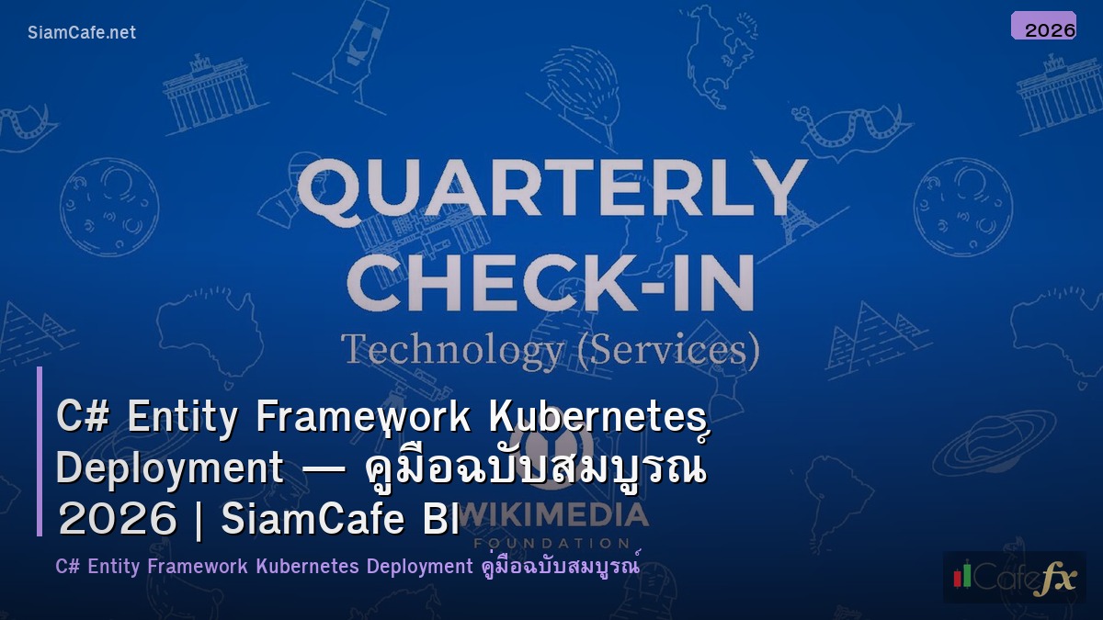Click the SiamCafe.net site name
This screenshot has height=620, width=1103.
coord(82,33)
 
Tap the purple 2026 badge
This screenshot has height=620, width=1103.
coord(1043,27)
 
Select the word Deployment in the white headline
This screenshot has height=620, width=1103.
coord(170,468)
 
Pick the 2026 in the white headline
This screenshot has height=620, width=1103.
coord(117,521)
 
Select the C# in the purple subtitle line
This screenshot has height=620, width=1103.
coord(67,566)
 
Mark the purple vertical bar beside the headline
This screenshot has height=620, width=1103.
coord(40,451)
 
